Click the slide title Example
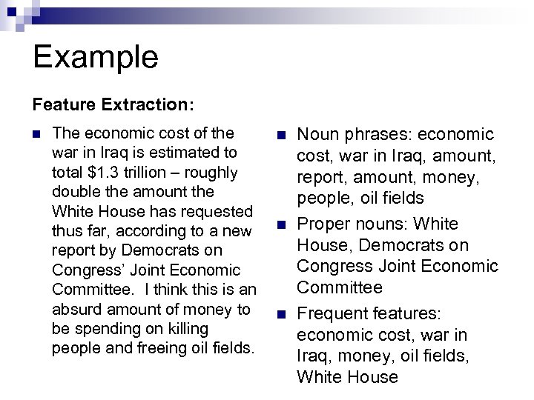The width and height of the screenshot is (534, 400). coord(96,57)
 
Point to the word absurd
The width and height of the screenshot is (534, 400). coord(76,308)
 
